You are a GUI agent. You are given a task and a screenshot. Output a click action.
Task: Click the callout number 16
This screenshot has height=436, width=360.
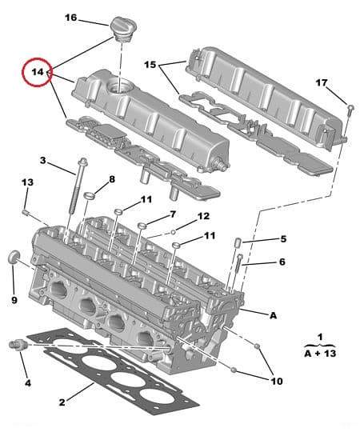tap(70, 18)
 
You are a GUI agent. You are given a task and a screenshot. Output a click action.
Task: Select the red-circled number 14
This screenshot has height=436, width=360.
tap(37, 72)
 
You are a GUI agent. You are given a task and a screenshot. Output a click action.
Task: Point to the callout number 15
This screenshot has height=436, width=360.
tap(150, 64)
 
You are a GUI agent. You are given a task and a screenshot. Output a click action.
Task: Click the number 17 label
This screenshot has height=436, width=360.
tap(321, 82)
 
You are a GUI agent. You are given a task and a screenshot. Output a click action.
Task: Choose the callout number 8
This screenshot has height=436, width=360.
tap(112, 179)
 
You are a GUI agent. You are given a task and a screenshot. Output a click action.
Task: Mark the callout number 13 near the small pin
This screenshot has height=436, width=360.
tap(27, 183)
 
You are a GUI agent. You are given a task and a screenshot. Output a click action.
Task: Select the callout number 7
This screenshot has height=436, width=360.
tap(171, 214)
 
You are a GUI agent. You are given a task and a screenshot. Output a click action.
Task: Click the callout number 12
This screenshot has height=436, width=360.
tap(203, 216)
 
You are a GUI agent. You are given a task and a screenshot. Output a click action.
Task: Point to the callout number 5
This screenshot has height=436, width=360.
tap(282, 238)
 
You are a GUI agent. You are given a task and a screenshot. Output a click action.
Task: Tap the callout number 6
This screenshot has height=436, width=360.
tap(282, 262)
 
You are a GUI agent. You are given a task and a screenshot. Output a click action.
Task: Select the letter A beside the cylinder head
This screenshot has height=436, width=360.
tap(273, 315)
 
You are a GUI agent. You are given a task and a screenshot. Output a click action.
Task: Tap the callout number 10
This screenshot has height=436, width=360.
tap(276, 382)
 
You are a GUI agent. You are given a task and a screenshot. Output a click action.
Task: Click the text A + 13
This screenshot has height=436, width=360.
tap(320, 351)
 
